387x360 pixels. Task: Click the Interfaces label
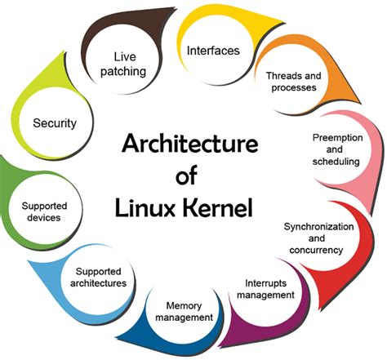213,51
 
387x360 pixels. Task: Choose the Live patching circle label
129,64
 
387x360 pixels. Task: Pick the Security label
55,123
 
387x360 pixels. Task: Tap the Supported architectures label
100,277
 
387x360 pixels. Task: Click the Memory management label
183,311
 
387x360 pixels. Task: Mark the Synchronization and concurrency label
318,237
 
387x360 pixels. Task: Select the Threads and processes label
296,82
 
